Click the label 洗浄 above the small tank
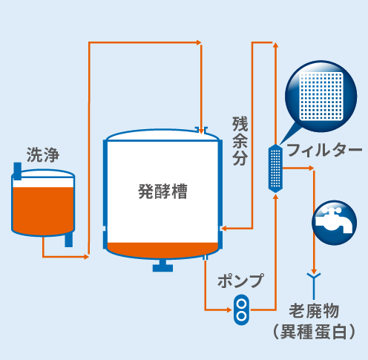click(43, 155)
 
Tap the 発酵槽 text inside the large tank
click(162, 192)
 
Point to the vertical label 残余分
click(240, 141)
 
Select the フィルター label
click(324, 150)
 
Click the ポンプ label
click(240, 281)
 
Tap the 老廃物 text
click(314, 311)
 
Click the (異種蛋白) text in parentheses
click(314, 332)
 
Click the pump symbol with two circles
click(241, 310)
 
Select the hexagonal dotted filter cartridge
click(275, 168)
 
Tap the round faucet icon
click(334, 223)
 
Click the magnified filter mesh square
click(321, 96)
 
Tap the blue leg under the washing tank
click(69, 240)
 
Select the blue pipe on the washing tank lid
click(18, 171)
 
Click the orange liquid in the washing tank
click(43, 210)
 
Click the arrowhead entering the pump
click(229, 310)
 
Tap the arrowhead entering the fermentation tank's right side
click(223, 228)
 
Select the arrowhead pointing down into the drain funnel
click(314, 271)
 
